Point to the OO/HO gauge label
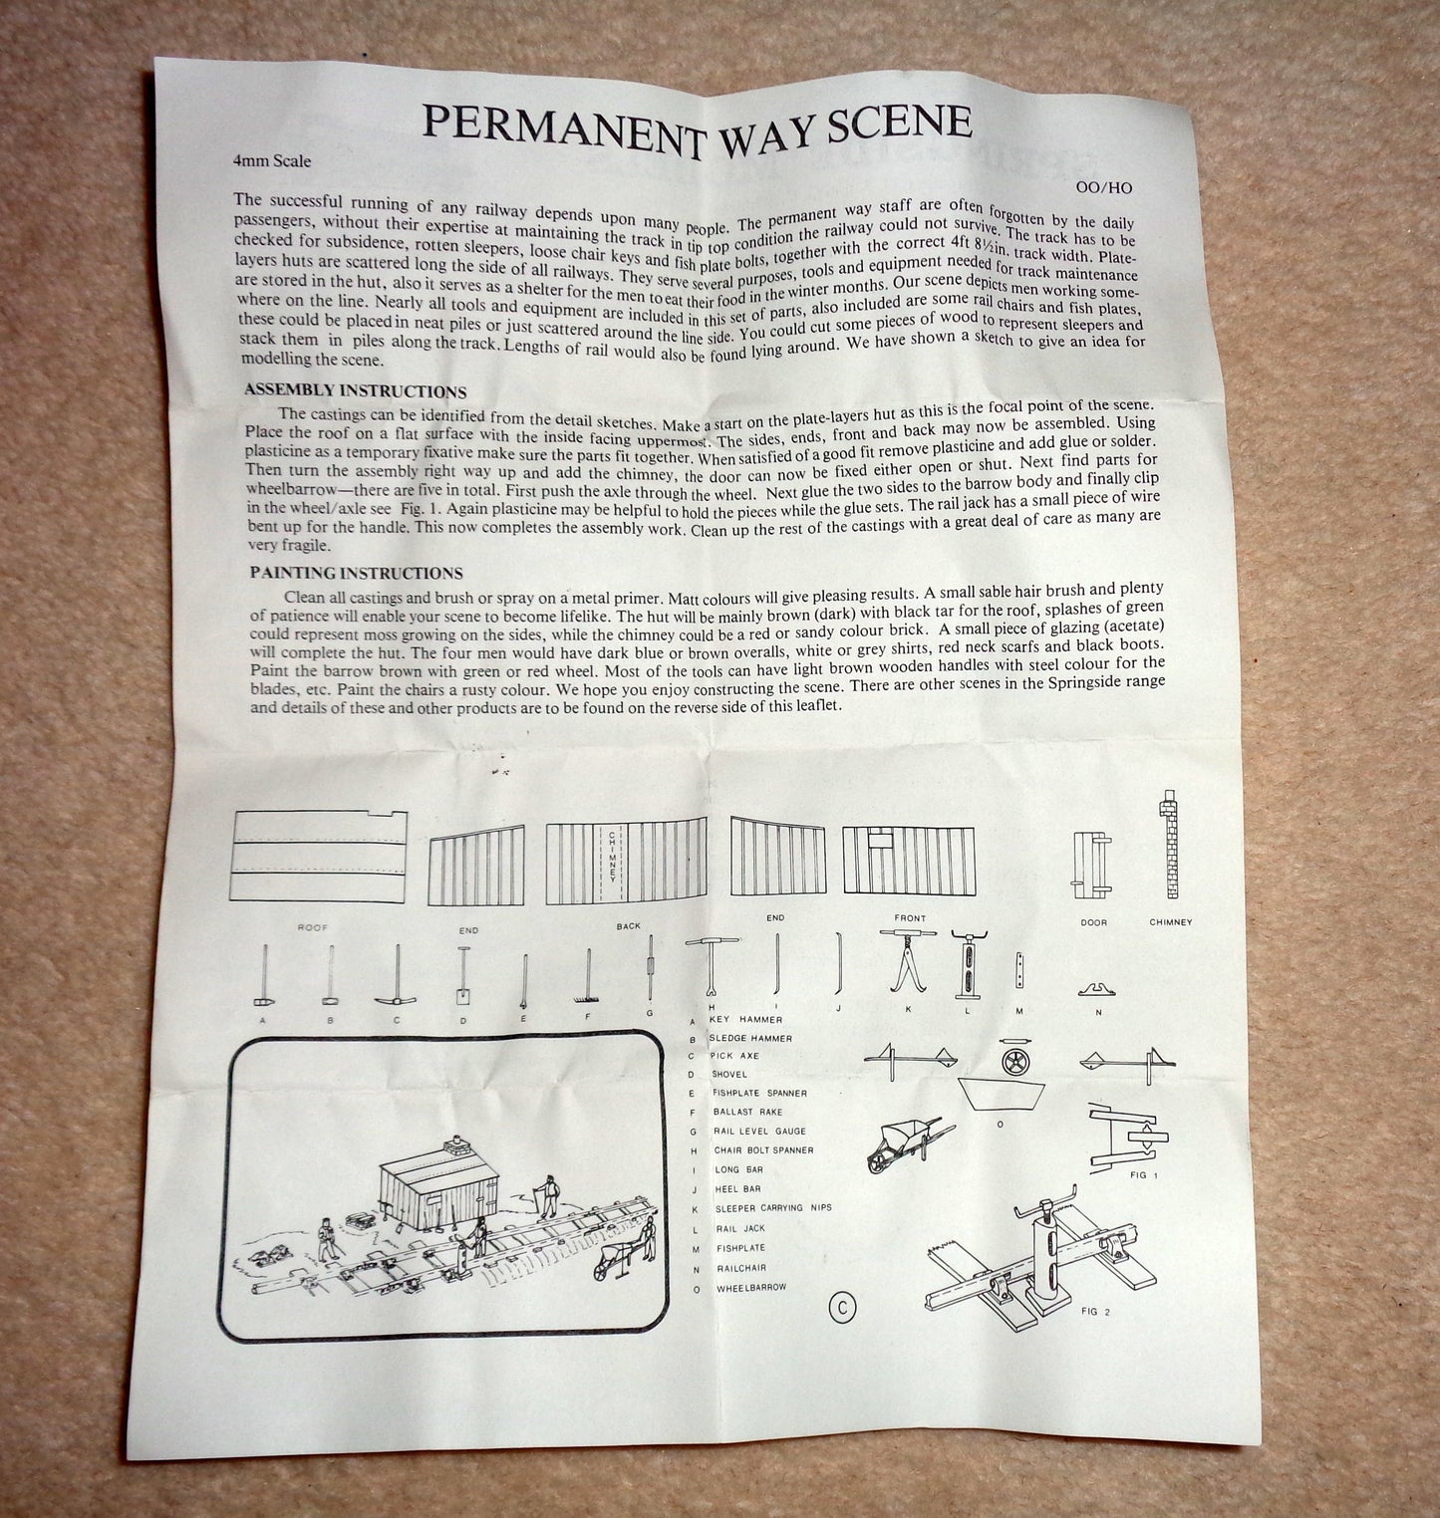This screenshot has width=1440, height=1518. (1104, 187)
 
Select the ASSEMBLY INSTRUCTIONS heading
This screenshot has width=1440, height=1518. (355, 391)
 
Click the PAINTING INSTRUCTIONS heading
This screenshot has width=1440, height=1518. (356, 573)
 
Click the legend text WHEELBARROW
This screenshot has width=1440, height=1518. (750, 1288)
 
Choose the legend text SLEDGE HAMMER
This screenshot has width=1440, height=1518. (751, 1038)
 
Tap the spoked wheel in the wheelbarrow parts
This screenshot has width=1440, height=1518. (1012, 1060)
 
